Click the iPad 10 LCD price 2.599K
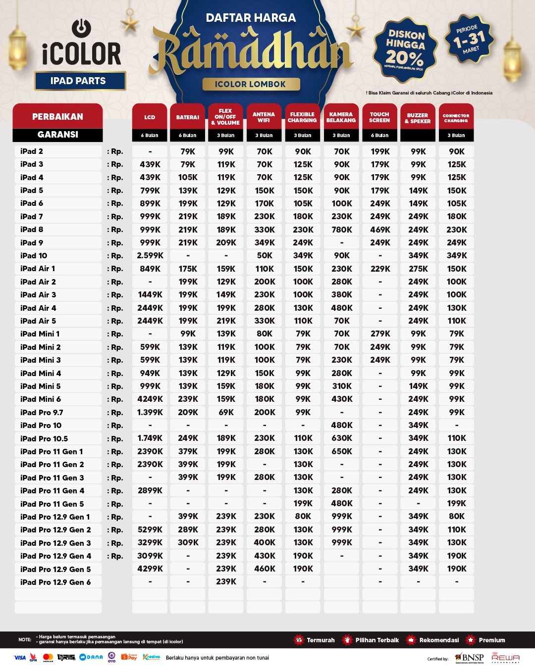coord(150,256)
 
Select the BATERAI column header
coord(188,117)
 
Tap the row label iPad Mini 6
coord(41,399)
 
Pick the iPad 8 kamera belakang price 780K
coord(342,230)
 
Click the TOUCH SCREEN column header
coord(379,117)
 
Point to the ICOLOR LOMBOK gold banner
coord(251,84)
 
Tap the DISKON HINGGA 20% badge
coord(406,49)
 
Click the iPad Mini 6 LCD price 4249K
coord(150,399)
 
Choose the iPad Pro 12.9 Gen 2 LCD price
coord(150,529)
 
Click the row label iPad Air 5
coord(38,321)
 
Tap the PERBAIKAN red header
coord(57,117)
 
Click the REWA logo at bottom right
coord(505,658)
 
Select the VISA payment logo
coord(20,658)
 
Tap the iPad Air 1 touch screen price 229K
coord(380,269)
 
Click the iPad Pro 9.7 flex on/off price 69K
coord(226,412)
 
